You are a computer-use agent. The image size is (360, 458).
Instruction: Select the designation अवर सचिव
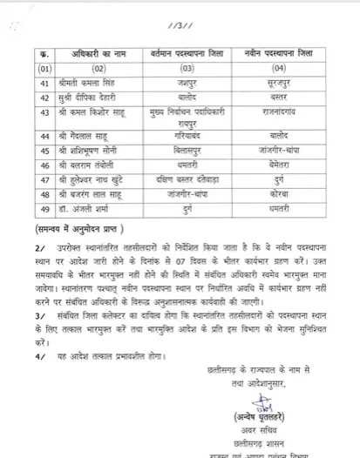pyautogui.click(x=262, y=439)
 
